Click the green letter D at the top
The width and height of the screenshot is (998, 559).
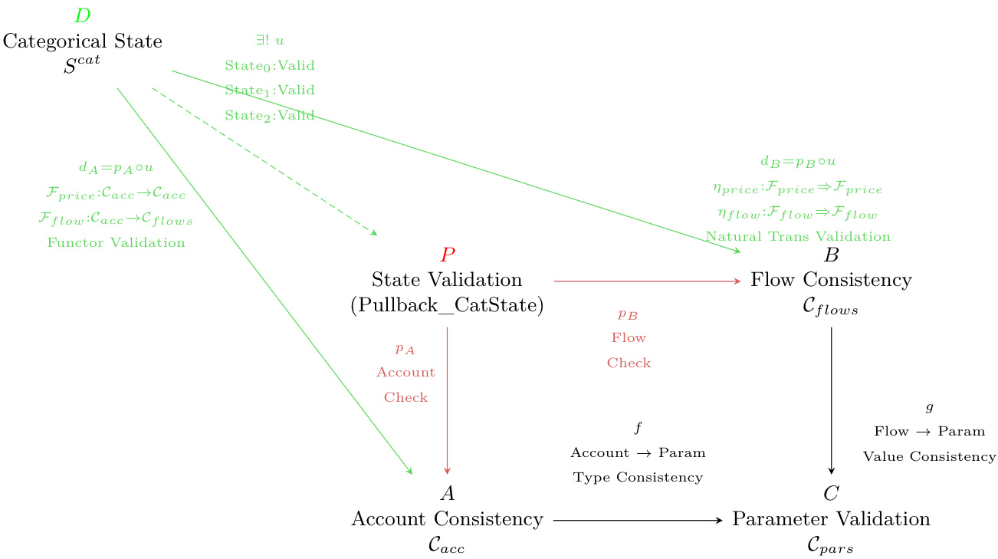tap(82, 16)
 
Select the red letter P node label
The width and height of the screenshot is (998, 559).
tap(448, 255)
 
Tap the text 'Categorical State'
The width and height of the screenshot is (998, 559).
tap(83, 41)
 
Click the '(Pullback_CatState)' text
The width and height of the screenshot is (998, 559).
tap(447, 305)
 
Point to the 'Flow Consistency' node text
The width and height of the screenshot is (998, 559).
tap(831, 279)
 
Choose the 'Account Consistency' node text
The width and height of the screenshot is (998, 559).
tap(447, 519)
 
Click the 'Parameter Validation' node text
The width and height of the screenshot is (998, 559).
tap(831, 519)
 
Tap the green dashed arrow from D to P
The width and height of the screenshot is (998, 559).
tap(264, 161)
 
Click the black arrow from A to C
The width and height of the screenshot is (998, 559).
tap(637, 521)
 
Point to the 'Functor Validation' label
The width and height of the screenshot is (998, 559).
tap(116, 243)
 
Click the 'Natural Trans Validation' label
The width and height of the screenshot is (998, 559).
tap(798, 237)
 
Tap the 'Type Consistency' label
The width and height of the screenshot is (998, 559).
tap(638, 478)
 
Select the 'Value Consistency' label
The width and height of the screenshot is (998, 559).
tap(929, 457)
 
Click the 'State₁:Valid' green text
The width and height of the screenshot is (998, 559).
tap(270, 90)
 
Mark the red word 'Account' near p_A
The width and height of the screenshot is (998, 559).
tap(405, 373)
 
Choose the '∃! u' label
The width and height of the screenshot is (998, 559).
tap(270, 40)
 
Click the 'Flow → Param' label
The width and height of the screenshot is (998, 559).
tap(929, 432)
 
